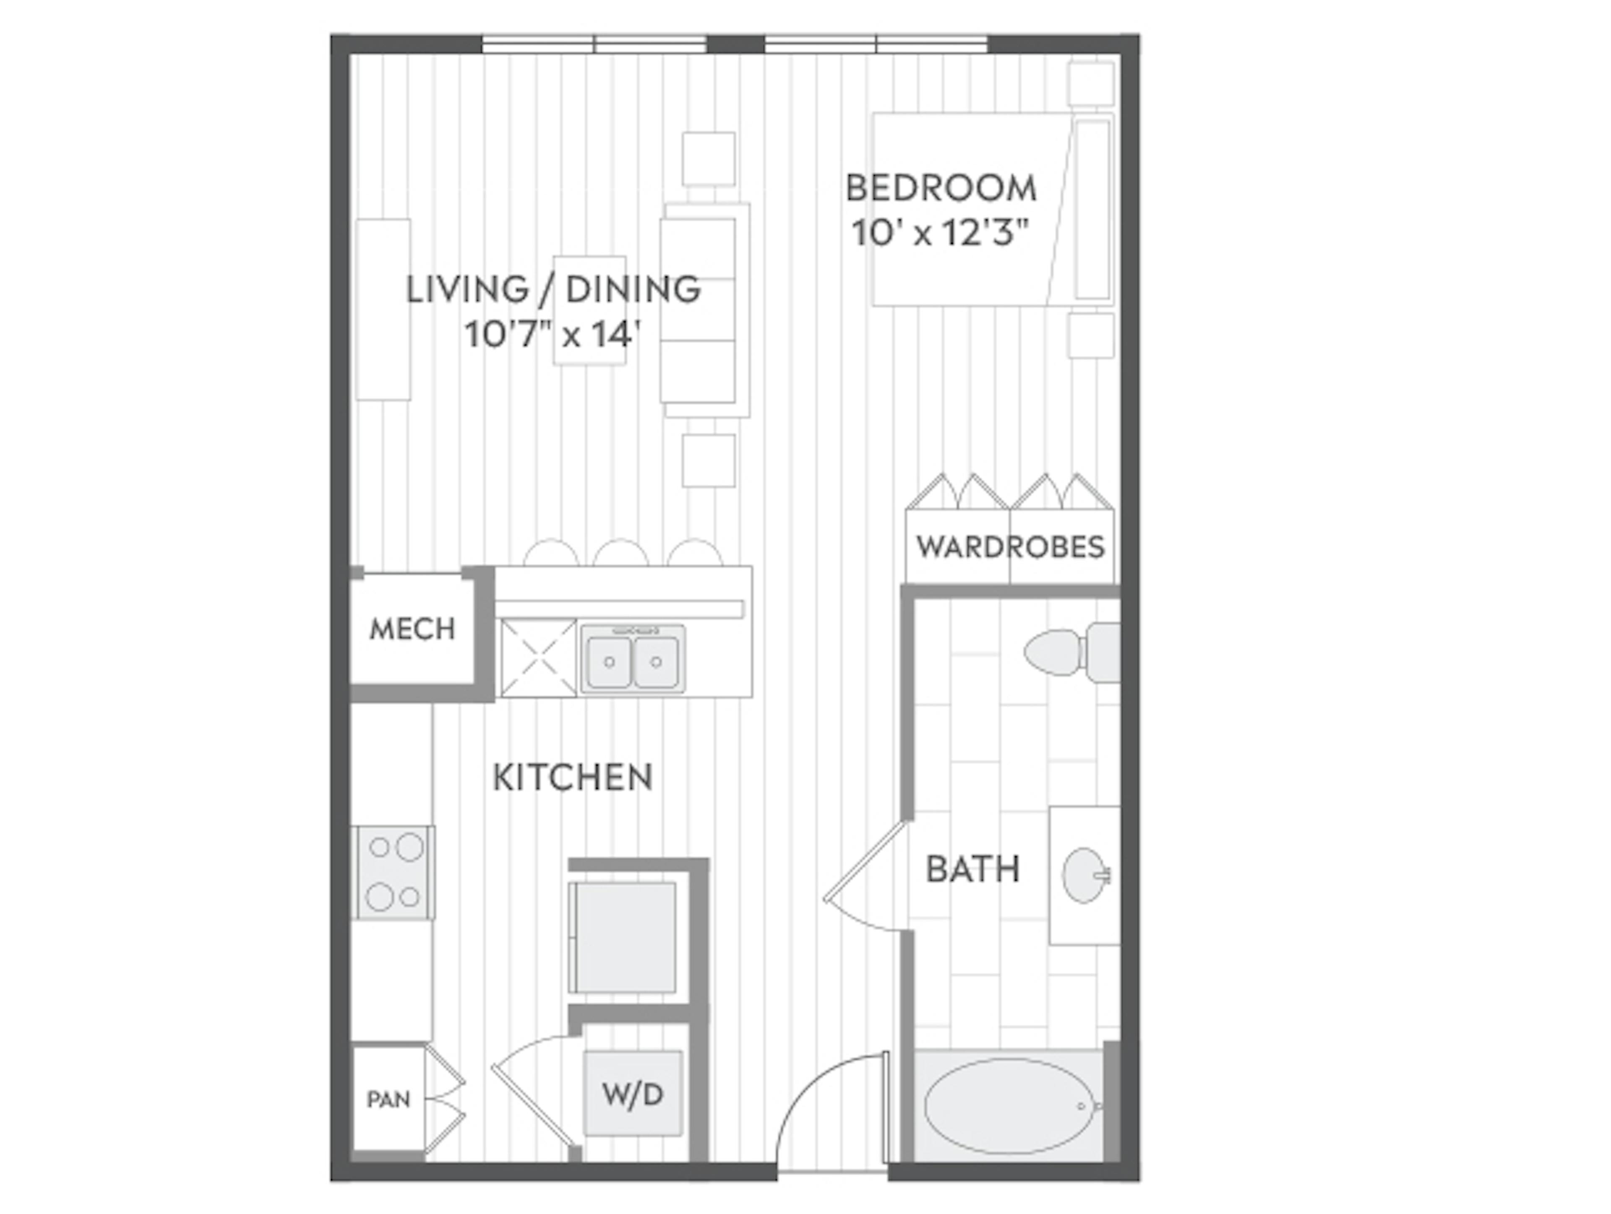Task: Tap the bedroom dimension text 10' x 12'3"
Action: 940,234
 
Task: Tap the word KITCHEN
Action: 572,777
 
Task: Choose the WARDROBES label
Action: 1010,546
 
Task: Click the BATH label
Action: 972,869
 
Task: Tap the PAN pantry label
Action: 388,1099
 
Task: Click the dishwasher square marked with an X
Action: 538,658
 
